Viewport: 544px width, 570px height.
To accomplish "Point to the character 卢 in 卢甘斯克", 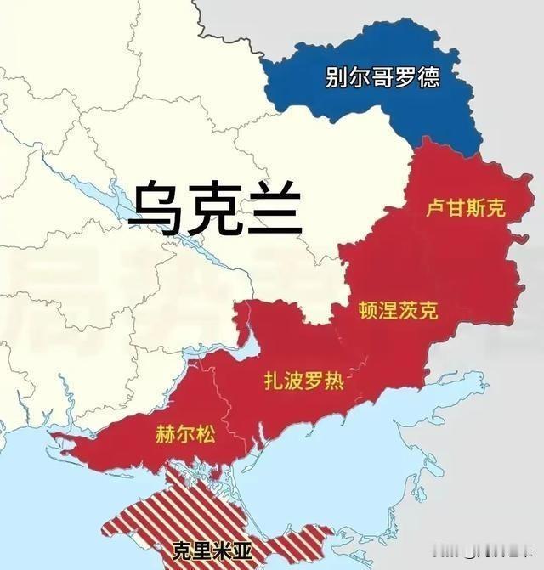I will pos(434,208).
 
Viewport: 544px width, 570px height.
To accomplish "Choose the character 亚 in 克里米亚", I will pos(242,550).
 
